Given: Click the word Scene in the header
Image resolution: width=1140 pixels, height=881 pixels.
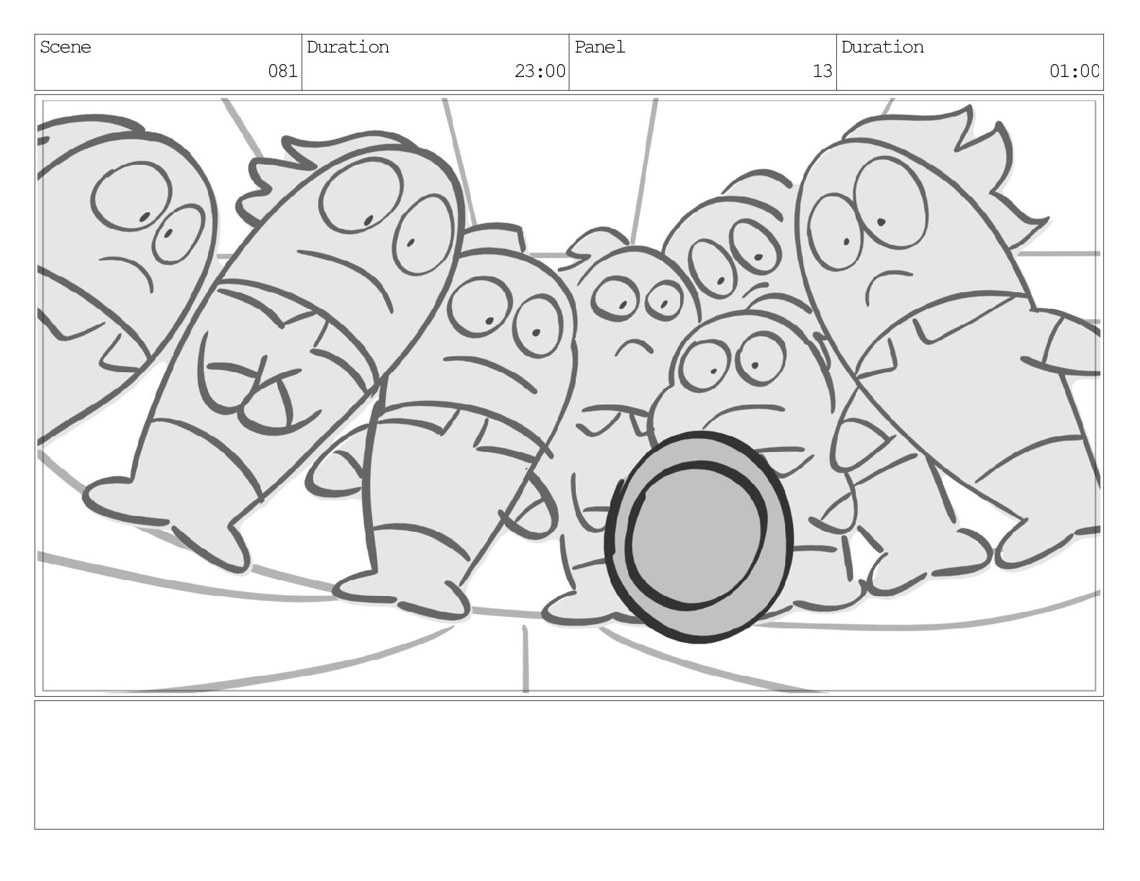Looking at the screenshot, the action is [65, 48].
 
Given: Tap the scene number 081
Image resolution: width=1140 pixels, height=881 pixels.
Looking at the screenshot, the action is [282, 71].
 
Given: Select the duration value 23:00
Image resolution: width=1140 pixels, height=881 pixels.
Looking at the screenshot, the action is [540, 71].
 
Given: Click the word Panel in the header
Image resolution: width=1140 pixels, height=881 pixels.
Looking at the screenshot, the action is [600, 48].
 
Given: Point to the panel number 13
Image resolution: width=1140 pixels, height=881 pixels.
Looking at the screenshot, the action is [822, 71].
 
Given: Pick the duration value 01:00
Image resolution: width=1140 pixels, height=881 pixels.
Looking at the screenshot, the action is [1074, 71].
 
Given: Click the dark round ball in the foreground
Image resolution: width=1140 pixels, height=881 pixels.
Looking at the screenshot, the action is [698, 536].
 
